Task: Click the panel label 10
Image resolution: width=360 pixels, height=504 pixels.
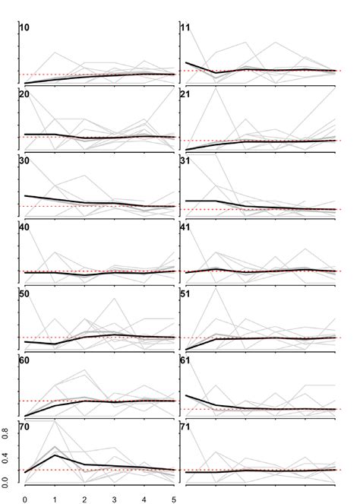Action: click(25, 27)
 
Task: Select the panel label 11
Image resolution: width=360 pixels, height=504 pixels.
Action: click(185, 27)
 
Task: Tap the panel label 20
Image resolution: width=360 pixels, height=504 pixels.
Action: click(25, 94)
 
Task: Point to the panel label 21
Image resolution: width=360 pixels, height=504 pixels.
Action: click(185, 94)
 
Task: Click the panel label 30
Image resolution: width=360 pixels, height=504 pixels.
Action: click(25, 160)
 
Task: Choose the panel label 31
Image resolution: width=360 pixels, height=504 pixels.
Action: click(185, 160)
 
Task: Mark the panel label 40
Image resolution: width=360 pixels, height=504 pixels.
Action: click(25, 227)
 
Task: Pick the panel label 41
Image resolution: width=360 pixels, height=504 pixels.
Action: click(185, 227)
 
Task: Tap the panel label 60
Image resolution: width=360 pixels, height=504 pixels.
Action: click(25, 360)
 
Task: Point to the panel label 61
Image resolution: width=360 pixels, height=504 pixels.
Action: click(185, 360)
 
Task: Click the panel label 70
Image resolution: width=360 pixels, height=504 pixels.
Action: click(25, 426)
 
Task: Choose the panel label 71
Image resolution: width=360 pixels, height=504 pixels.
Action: click(185, 426)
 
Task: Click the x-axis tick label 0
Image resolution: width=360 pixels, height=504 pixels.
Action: click(25, 499)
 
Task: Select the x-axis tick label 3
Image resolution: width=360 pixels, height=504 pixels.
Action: click(115, 499)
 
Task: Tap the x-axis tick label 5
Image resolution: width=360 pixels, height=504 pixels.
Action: click(175, 499)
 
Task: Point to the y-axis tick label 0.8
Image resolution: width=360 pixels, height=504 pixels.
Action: click(6, 433)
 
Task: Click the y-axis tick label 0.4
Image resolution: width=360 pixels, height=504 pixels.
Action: click(6, 457)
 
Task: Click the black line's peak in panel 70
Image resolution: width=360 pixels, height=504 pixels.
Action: click(55, 455)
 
